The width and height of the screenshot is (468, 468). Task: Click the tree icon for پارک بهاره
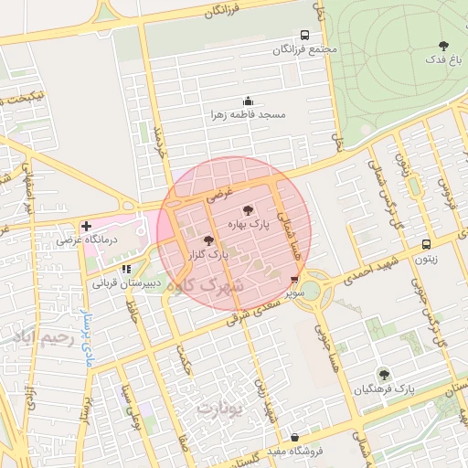249,211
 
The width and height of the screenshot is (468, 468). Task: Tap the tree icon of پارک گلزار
207,240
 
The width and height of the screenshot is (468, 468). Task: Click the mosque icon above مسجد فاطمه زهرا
247,101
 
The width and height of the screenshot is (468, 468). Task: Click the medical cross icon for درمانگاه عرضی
86,226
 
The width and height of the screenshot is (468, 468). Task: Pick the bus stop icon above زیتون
427,244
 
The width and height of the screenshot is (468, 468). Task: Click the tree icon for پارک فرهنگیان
384,374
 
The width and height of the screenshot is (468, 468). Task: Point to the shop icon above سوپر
293,280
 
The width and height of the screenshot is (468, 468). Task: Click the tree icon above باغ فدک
443,45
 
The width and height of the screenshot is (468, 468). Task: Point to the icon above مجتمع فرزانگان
305,35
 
